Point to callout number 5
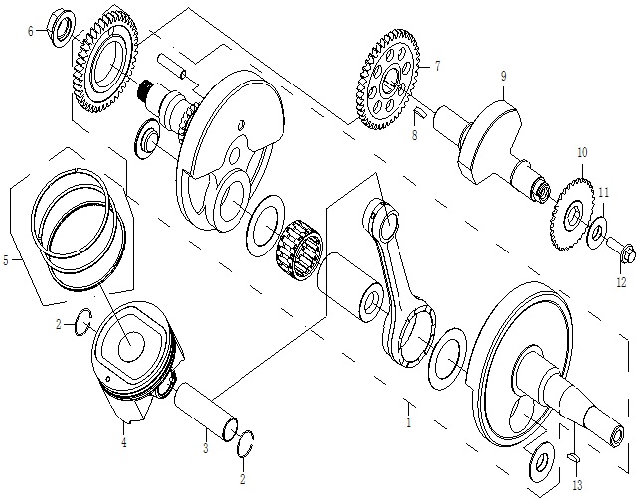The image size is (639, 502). [6, 260]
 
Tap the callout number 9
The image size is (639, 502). [504, 76]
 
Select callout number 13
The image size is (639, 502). [577, 485]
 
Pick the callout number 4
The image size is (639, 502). [124, 444]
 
